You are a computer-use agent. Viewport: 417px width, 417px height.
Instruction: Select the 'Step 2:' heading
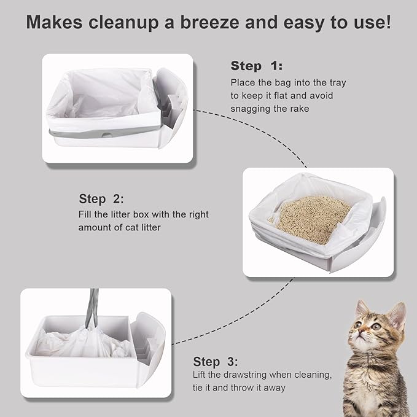coord(101,198)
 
